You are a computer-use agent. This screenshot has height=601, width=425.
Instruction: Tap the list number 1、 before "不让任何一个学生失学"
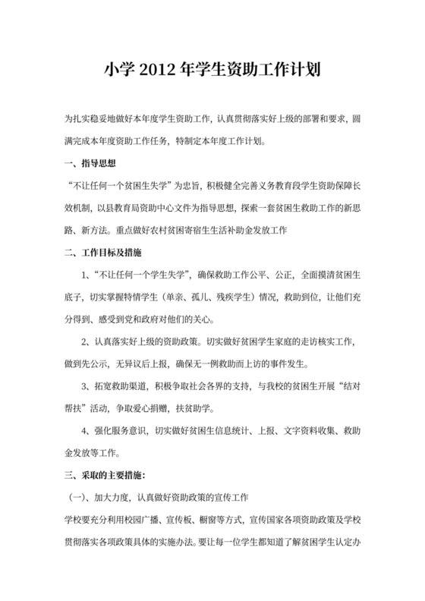pos(86,273)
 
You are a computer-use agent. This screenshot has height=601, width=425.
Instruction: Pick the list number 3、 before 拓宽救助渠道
pos(86,385)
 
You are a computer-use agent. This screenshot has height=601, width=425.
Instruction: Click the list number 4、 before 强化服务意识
pos(86,431)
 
